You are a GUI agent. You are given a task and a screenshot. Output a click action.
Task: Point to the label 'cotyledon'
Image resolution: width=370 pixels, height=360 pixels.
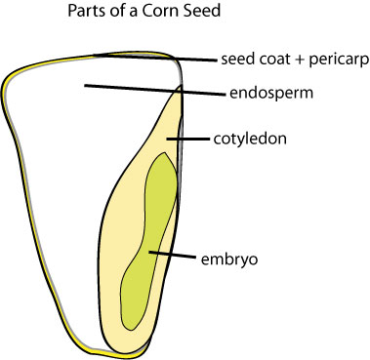[x=249, y=140]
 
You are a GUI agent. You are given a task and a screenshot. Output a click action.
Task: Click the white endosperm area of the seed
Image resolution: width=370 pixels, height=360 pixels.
[x=68, y=146]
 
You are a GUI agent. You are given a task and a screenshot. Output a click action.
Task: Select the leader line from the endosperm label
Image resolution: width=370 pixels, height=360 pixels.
[x=146, y=90]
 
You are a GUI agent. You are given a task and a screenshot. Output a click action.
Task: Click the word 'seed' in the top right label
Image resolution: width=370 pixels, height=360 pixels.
[x=237, y=58]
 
